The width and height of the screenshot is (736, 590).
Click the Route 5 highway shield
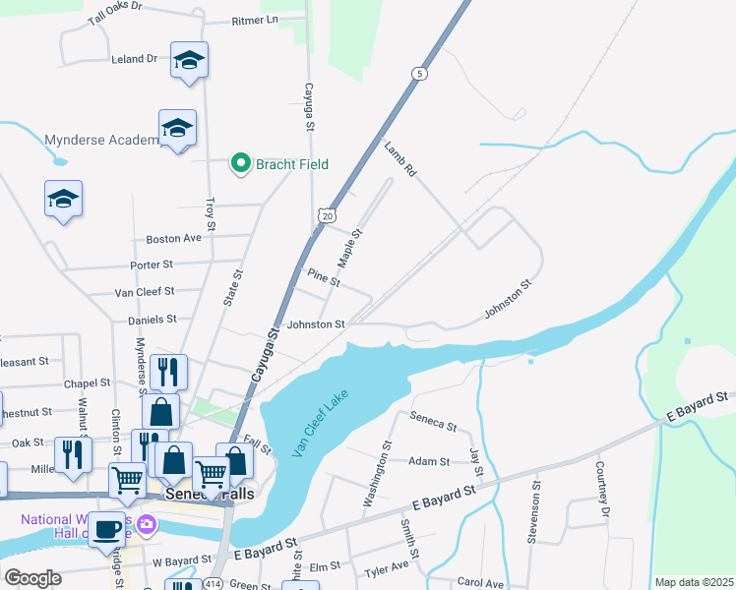tap(420, 74)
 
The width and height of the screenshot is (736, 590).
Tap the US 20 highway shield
tap(327, 214)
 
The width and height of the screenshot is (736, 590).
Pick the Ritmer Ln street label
tap(255, 20)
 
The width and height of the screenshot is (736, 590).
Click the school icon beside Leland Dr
tap(189, 61)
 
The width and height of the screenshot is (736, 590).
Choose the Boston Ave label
tap(173, 239)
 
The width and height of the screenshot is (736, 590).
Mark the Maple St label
tap(350, 248)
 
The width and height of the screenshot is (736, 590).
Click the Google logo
tap(33, 578)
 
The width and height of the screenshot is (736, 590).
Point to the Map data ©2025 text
tap(693, 582)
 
